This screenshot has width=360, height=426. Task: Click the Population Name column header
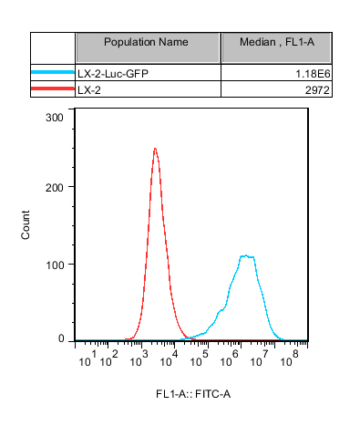click(x=146, y=42)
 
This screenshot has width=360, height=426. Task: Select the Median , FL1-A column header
click(x=277, y=42)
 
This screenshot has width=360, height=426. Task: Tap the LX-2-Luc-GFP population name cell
click(x=113, y=74)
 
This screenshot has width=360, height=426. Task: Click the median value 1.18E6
click(x=313, y=74)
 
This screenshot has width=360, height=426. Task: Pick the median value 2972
click(x=317, y=90)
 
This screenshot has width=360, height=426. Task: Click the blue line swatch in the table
click(x=53, y=72)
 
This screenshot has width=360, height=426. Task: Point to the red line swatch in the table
click(x=53, y=88)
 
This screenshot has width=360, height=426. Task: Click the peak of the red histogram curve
click(x=155, y=149)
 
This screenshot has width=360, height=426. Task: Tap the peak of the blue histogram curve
click(x=246, y=255)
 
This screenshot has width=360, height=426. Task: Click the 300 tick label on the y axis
click(x=55, y=118)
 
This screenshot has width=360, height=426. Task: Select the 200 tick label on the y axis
click(x=55, y=187)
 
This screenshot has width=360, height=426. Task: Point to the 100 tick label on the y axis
click(x=55, y=265)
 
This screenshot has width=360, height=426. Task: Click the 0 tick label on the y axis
click(x=61, y=338)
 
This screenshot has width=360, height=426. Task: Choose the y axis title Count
click(x=26, y=224)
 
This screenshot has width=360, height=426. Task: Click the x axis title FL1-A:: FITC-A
click(x=193, y=394)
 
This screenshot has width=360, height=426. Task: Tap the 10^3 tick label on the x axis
click(x=139, y=358)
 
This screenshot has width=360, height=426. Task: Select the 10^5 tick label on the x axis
click(x=199, y=358)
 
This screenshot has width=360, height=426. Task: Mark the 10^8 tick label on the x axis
click(x=290, y=358)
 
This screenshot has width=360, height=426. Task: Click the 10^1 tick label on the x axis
click(x=87, y=358)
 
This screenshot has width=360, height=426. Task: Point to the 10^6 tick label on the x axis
click(x=229, y=358)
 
